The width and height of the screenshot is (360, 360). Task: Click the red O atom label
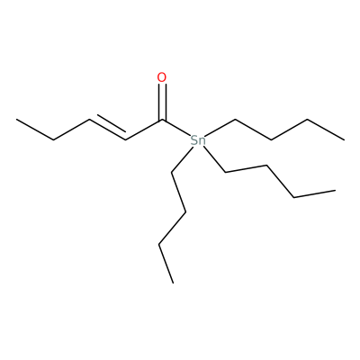162,77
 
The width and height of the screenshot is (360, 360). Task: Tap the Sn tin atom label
198,140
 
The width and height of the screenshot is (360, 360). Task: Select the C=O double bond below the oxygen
162,102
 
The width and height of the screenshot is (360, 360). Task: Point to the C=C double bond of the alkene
107,129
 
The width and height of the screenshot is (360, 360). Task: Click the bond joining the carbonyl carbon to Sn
176,128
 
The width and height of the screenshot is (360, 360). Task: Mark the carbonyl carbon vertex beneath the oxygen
162,120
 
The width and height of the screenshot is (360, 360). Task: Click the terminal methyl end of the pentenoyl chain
17,119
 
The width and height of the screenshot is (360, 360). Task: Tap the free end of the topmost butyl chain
344,139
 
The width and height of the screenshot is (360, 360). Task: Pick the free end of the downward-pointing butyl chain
173,283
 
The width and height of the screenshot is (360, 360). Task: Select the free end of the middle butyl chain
335,190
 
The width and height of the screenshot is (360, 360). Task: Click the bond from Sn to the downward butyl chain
182,159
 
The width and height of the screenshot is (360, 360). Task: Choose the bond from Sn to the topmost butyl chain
221,127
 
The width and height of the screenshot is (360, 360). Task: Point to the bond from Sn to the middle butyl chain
215,159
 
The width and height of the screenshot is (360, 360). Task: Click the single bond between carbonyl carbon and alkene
144,130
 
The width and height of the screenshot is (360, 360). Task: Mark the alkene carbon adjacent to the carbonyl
126,139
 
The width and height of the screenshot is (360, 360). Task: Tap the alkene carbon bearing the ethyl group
89,120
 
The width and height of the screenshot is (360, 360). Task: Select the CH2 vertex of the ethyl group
53,139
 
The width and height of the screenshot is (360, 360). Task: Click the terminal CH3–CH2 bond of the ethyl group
35,130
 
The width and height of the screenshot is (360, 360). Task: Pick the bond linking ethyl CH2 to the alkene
71,130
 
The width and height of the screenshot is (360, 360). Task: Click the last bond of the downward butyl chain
166,264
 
